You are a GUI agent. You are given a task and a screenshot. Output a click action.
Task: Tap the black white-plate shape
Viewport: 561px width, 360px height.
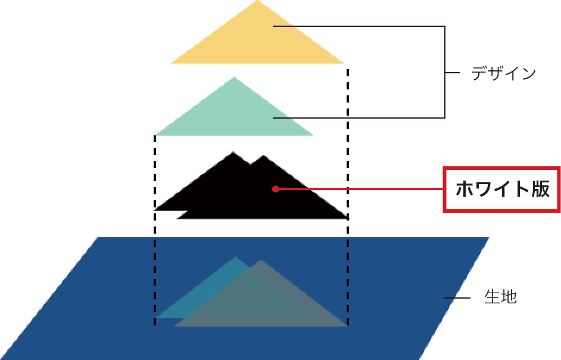(238, 191)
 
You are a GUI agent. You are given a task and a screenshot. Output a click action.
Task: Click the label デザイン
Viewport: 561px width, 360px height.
(504, 73)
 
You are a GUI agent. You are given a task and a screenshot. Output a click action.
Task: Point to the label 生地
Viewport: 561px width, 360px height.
(501, 297)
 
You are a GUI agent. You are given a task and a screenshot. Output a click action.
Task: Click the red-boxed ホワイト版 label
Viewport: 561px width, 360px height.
(502, 190)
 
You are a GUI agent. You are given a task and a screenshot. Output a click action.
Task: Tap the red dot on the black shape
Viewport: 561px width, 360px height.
(275, 189)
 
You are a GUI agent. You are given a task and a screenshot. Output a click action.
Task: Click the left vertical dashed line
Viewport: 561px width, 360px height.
(155, 226)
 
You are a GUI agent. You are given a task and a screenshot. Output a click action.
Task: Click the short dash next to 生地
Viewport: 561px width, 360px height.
(457, 297)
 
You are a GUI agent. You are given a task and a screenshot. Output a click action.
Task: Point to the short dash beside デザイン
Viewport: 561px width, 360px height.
(453, 73)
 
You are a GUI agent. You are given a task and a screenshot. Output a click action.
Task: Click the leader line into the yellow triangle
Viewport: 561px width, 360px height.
(357, 26)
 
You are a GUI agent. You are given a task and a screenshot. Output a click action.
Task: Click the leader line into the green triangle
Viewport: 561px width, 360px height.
(357, 117)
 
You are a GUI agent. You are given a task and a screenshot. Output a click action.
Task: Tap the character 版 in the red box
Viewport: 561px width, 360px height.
(538, 190)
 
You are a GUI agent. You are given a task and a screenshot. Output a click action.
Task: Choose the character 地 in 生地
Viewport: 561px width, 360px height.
(509, 297)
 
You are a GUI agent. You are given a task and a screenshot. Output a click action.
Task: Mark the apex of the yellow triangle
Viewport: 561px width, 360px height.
(257, 2)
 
